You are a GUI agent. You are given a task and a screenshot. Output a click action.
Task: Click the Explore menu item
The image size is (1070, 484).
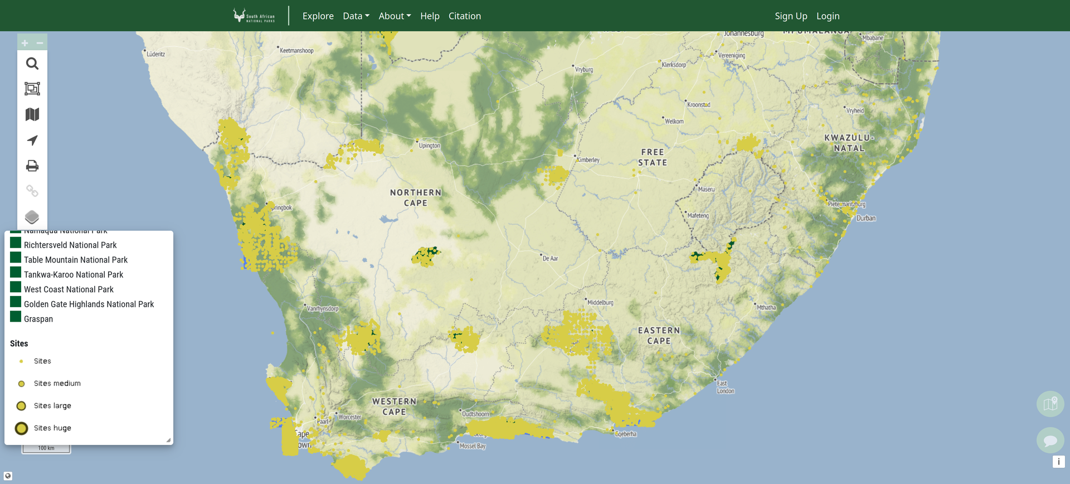tap(318, 16)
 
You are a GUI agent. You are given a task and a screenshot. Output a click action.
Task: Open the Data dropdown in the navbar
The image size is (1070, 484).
tap(356, 16)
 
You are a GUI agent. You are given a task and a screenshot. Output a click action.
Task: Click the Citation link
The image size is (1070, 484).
tap(464, 16)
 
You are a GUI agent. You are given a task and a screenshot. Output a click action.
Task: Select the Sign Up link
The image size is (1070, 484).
tap(790, 16)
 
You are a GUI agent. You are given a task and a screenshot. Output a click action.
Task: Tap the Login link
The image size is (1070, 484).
tap(828, 16)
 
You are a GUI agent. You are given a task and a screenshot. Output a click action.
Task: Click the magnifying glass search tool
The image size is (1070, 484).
tap(32, 64)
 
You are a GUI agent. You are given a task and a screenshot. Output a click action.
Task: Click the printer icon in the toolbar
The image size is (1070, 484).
tap(32, 166)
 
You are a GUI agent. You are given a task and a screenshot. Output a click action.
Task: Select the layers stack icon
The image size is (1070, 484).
tap(32, 217)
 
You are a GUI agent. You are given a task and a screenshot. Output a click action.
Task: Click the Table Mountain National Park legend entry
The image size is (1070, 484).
tap(75, 260)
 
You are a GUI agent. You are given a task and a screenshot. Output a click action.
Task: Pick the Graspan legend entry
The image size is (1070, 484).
tap(38, 319)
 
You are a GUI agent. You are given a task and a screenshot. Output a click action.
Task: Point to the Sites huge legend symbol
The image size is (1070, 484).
tap(21, 428)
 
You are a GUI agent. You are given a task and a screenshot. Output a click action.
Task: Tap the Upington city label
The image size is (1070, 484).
tap(429, 146)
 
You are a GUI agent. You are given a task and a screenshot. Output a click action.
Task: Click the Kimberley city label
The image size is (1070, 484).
tap(588, 160)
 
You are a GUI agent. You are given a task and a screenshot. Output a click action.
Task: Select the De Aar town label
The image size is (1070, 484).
tap(550, 259)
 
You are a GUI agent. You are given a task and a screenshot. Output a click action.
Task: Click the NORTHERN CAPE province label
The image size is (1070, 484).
tap(416, 198)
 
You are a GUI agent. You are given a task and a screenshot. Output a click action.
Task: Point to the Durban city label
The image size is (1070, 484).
tap(865, 219)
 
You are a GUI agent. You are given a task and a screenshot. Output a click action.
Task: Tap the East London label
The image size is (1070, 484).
tap(725, 387)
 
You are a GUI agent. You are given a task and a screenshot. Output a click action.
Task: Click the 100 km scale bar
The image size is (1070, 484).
tap(46, 448)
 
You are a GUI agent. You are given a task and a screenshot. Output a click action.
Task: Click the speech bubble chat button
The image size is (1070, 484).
tap(1050, 441)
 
